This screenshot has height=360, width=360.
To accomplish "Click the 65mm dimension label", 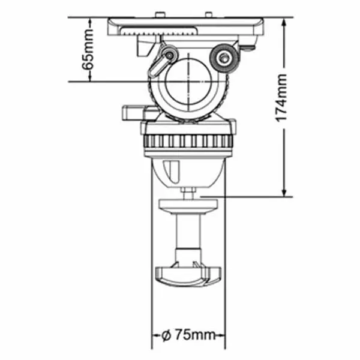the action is pyautogui.click(x=88, y=50).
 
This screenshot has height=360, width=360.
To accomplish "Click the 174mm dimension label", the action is pyautogui.click(x=281, y=98).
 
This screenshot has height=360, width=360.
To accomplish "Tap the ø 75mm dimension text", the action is pyautogui.click(x=188, y=335).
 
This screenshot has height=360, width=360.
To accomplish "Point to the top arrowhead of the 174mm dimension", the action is pyautogui.click(x=284, y=22).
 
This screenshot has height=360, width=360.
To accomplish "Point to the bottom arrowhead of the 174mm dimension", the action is pyautogui.click(x=284, y=192).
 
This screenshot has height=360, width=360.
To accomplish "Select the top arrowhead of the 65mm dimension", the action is pyautogui.click(x=90, y=22).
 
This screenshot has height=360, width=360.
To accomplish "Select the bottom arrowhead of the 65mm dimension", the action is pyautogui.click(x=90, y=77).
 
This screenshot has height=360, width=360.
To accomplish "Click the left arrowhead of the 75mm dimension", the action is pyautogui.click(x=155, y=335).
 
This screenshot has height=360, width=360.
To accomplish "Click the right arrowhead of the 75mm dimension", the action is pyautogui.click(x=221, y=335).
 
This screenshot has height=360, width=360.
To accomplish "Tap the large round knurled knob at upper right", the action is pyautogui.click(x=224, y=58).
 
